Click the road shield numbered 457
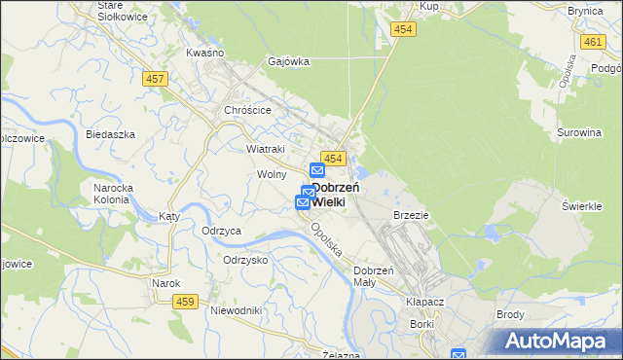coord(153,79)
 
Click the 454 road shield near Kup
coord(403,30)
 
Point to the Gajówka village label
coord(289,61)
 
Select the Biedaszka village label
coord(109,134)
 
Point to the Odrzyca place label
coord(221,231)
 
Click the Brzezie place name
coord(411,214)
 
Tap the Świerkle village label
coord(585,206)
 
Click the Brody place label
coord(510,314)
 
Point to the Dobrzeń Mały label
coord(373,275)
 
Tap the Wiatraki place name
coord(265,149)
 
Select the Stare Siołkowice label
coord(122,11)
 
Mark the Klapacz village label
coord(424,303)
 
